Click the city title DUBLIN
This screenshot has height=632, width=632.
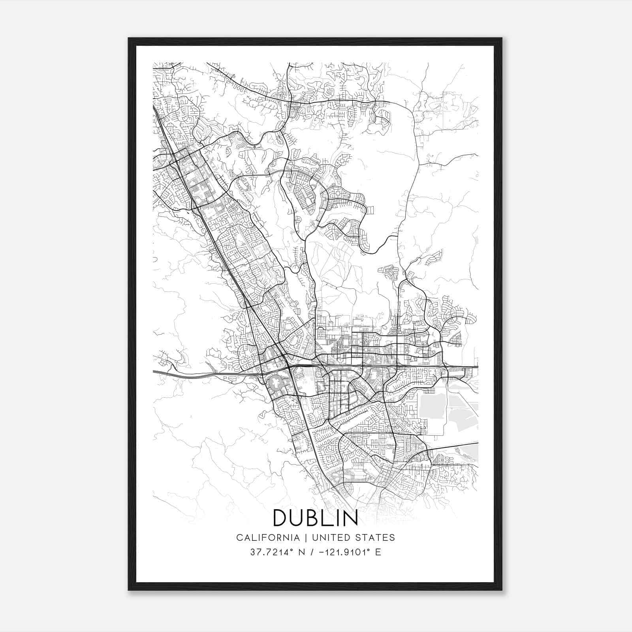point(315,518)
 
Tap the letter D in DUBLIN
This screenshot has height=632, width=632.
point(280,518)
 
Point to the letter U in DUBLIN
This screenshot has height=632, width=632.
point(297,518)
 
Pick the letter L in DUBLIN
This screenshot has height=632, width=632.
point(327,518)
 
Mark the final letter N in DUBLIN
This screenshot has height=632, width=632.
point(350,518)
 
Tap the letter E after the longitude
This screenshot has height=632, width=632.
point(378,552)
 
